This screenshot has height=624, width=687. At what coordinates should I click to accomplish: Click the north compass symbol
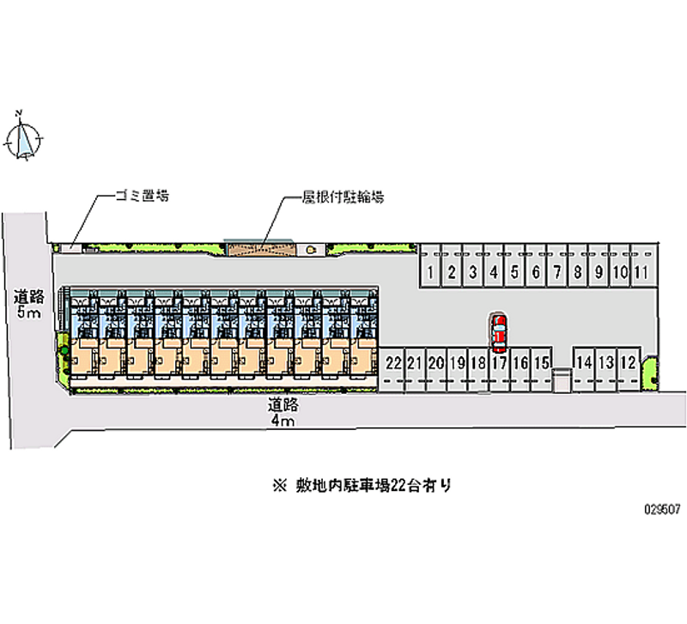pos(24,138)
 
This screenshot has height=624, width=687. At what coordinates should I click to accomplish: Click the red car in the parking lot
pos(499,333)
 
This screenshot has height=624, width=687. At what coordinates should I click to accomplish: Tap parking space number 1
pos(430,273)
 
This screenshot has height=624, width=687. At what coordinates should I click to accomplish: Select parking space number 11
pos(641,273)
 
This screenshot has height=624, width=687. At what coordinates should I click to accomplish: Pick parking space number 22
pos(394,363)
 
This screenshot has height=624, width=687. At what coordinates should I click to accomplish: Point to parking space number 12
pos(629,363)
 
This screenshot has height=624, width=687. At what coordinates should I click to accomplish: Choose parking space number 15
pos(541,363)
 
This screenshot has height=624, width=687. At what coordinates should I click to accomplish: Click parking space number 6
pos(535,273)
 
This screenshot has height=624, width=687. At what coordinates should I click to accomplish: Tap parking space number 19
pos(457,363)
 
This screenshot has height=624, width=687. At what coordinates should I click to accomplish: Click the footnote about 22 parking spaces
pos(362,486)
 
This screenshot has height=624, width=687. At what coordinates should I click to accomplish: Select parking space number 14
pos(585,363)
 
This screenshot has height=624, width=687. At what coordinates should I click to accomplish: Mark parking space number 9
pos(599,273)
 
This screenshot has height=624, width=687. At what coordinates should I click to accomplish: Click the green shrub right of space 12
pos(649,370)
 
